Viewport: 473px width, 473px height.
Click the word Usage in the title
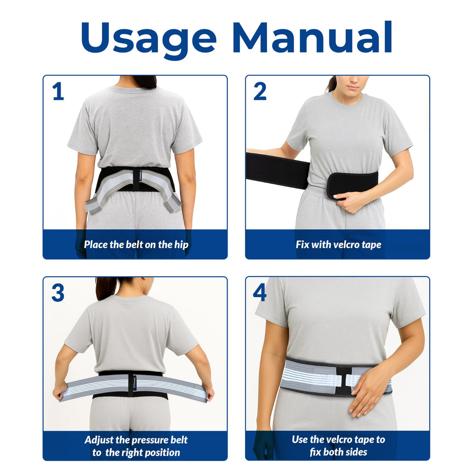tap(149, 39)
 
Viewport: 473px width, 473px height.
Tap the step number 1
tap(58, 92)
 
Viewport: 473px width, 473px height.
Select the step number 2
tap(260, 92)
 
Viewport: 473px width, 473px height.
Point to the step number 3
tap(58, 293)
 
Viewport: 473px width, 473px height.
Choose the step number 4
tap(260, 293)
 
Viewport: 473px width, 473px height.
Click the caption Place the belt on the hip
tap(136, 245)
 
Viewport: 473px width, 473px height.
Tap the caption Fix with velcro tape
tap(338, 245)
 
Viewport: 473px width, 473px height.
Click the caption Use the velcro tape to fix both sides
tap(338, 446)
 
